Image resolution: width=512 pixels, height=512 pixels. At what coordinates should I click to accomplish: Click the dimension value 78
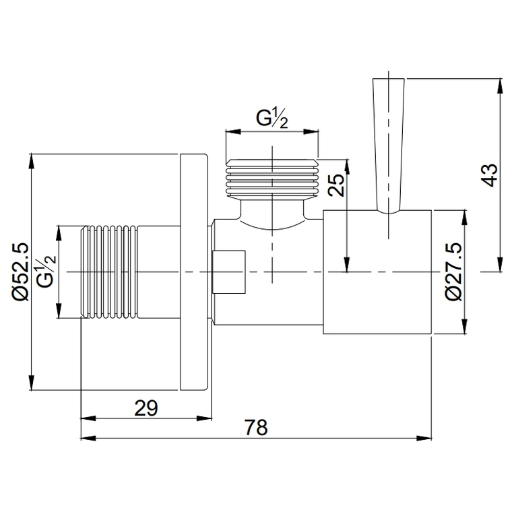255,427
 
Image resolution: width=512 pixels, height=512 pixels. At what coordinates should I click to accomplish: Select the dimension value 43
490,175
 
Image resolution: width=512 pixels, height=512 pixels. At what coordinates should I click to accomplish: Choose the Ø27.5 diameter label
453,272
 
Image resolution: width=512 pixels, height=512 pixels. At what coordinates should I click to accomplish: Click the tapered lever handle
389,145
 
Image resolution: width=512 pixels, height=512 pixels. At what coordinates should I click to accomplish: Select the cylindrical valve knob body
377,272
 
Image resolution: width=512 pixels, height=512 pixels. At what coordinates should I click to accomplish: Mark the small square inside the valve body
229,272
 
